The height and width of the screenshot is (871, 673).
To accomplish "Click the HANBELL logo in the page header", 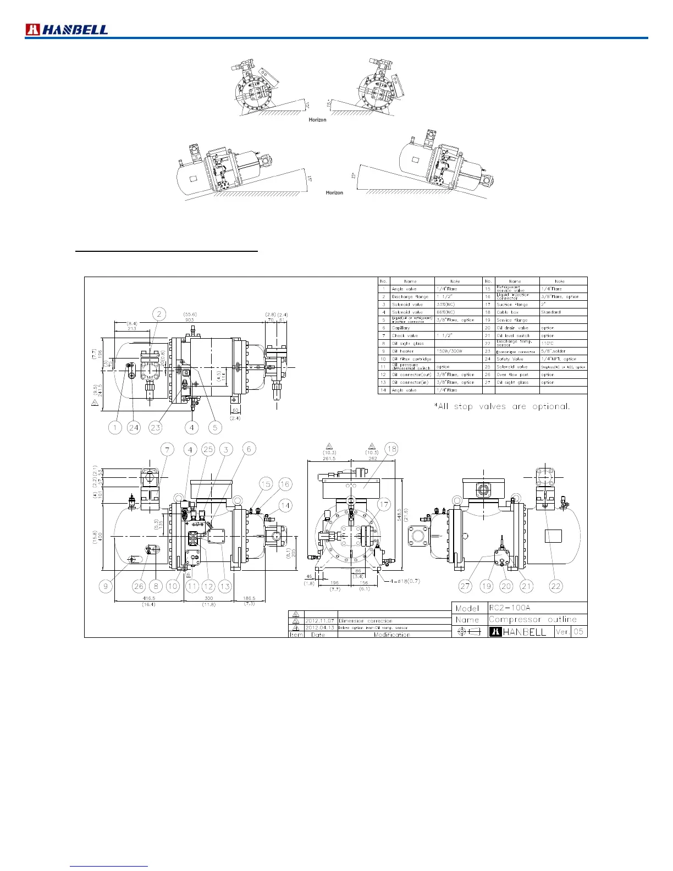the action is [67, 30].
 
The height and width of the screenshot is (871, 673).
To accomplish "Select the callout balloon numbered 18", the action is [391, 449].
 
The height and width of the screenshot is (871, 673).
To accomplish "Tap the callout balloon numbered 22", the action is [556, 586].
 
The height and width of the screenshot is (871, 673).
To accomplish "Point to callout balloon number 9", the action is [106, 586].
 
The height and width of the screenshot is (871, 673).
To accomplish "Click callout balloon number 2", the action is [159, 315].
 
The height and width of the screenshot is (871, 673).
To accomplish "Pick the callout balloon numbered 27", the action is [466, 586].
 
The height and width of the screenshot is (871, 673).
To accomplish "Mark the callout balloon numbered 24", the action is [134, 427].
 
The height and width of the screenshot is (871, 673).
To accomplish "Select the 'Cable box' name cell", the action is [507, 312].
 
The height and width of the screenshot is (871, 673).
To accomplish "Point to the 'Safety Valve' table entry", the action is [509, 359].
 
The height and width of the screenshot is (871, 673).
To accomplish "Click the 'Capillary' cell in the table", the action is [401, 328].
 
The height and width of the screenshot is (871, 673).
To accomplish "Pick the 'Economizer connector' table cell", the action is [515, 351].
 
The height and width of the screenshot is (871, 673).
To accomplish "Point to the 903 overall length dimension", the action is [190, 319].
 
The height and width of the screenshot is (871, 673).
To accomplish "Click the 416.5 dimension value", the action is [148, 598].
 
